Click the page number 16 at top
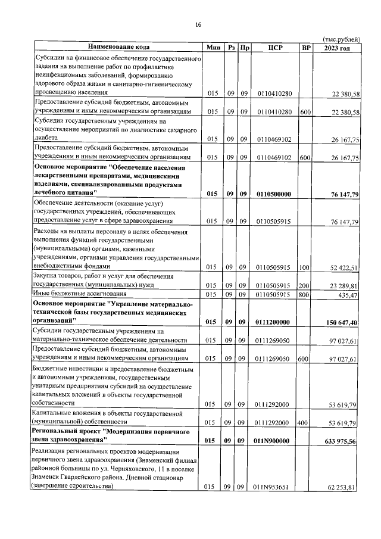pyautogui.click(x=199, y=24)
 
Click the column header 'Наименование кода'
pyautogui.click(x=118, y=46)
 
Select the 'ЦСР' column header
pyautogui.click(x=274, y=47)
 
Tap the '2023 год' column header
pyautogui.click(x=336, y=47)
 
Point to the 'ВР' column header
pyautogui.click(x=306, y=47)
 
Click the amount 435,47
pyautogui.click(x=348, y=295)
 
